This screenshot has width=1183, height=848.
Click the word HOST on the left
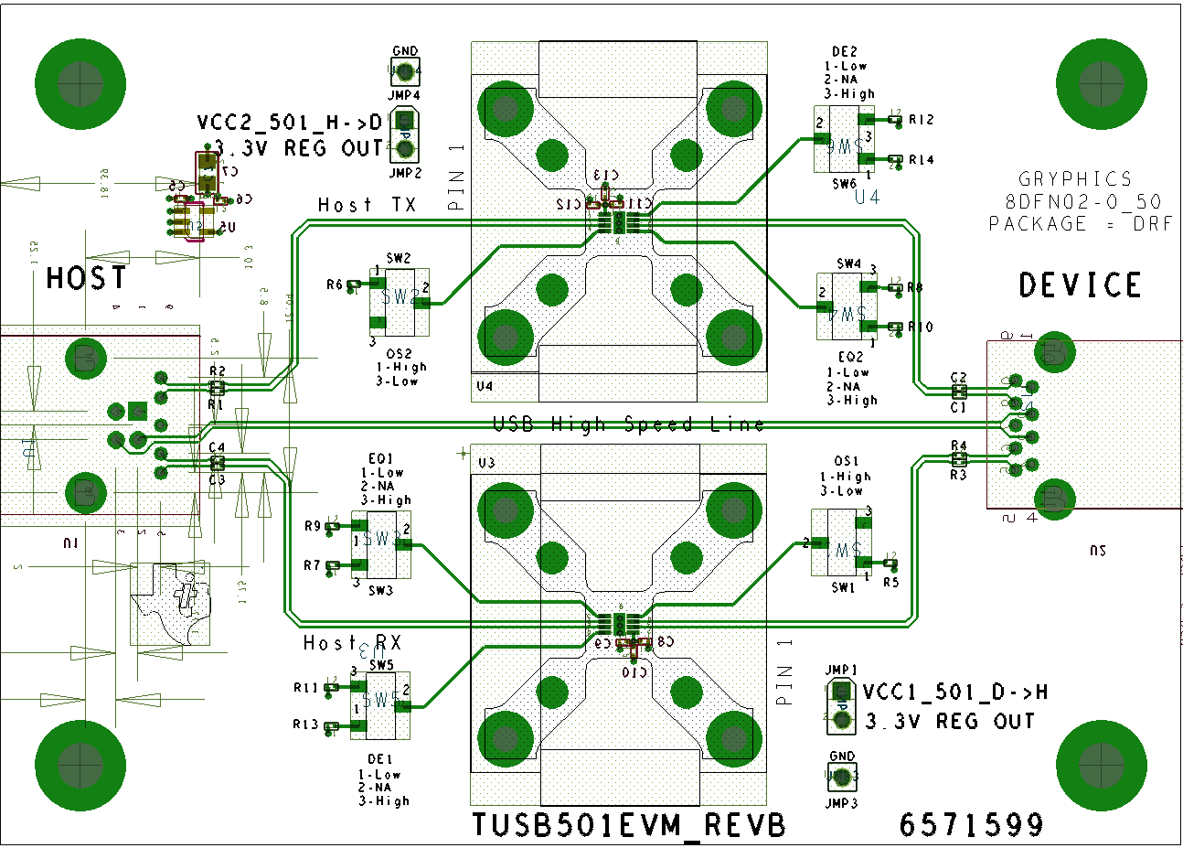coord(87,278)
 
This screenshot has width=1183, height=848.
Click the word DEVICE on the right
coord(1080,285)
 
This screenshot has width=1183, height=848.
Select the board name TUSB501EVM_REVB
coord(628,825)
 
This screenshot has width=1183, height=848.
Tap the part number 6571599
coord(971,825)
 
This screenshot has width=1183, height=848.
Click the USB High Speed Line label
coord(628,424)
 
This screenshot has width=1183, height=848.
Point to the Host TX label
coord(367,205)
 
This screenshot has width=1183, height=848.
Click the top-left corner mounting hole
coord(80,84)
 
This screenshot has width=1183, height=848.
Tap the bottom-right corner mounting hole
coord(1101,765)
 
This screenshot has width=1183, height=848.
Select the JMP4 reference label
coord(404,95)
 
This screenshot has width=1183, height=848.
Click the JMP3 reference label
coord(841,803)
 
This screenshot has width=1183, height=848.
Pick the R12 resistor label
coord(921,120)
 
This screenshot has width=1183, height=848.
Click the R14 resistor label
coord(921,160)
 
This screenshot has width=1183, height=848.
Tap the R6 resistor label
coord(335,285)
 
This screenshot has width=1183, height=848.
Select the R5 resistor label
coord(890,582)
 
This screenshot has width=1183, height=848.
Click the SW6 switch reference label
coord(844,184)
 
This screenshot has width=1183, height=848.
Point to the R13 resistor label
coord(305,725)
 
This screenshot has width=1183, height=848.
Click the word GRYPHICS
coord(1075,179)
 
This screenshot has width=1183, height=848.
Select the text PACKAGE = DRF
coord(1080,224)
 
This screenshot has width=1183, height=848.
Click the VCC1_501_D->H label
coord(954,692)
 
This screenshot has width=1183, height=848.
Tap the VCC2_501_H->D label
coord(290,123)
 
